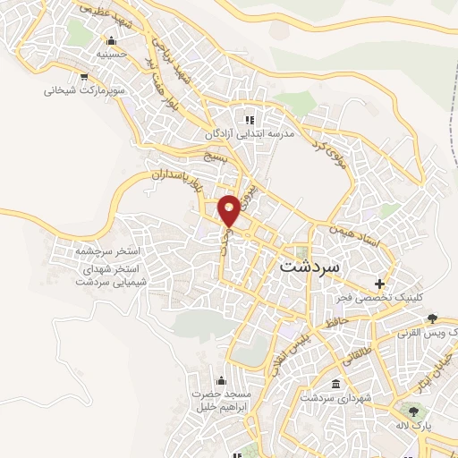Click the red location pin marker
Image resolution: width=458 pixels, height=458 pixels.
click(x=230, y=208)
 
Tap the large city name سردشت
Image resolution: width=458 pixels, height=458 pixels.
click(x=310, y=266)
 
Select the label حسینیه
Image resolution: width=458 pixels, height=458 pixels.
click(x=111, y=54)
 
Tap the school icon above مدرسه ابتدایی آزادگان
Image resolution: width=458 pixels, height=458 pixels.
click(x=250, y=119)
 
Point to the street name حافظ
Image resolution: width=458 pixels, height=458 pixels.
click(x=335, y=319)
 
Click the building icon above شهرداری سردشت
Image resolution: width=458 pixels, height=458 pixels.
click(x=335, y=385)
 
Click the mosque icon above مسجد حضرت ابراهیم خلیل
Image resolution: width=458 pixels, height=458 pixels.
click(x=221, y=380)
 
